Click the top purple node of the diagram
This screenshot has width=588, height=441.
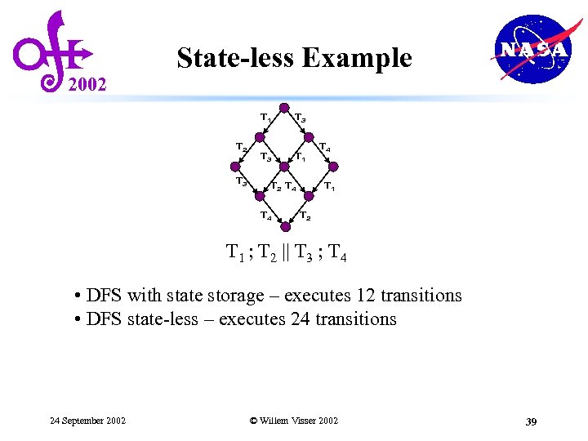pyautogui.click(x=283, y=108)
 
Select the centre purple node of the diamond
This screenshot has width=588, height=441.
pyautogui.click(x=283, y=167)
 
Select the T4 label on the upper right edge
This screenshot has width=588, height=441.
pyautogui.click(x=324, y=148)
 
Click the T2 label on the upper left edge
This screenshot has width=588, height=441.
pyautogui.click(x=242, y=147)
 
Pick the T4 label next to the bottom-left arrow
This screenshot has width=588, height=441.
pyautogui.click(x=265, y=216)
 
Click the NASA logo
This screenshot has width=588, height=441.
pyautogui.click(x=532, y=49)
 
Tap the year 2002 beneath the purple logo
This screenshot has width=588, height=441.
pyautogui.click(x=86, y=84)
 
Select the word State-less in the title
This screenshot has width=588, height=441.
pyautogui.click(x=236, y=58)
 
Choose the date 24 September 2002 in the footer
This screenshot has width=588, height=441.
pyautogui.click(x=87, y=421)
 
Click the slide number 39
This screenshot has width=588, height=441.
pyautogui.click(x=530, y=421)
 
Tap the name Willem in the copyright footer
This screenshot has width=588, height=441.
pyautogui.click(x=277, y=421)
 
